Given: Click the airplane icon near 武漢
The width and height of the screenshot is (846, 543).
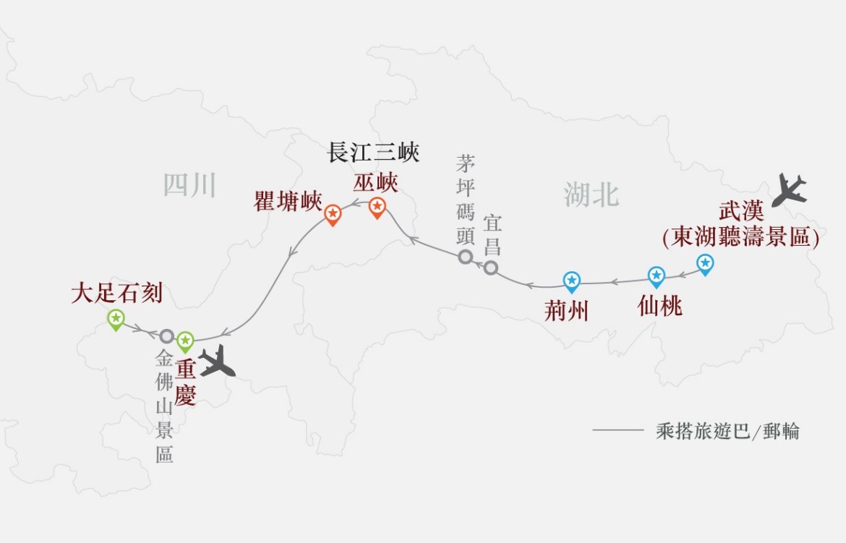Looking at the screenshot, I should click(789, 190).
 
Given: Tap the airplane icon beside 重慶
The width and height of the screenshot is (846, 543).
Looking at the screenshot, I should click(217, 361).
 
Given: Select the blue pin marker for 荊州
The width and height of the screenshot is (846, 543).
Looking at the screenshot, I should click(572, 281).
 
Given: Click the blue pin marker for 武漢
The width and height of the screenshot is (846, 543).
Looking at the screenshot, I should click(704, 263).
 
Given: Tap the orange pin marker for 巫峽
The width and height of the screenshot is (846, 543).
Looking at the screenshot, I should click(377, 207).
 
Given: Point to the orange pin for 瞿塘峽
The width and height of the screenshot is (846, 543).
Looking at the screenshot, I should click(333, 214).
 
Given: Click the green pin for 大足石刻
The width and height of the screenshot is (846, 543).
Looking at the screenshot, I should click(116, 318).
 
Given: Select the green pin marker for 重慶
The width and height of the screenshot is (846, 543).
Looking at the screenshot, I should click(186, 340).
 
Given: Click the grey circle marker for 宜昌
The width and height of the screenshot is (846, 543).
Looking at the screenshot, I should click(491, 268).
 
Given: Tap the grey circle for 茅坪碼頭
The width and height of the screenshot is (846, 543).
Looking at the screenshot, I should click(466, 257).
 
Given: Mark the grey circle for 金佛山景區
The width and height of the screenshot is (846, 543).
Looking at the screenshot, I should click(167, 336).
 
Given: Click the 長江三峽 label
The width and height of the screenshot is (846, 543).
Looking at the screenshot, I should click(373, 153).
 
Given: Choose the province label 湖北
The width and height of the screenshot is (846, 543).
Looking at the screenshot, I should click(591, 194).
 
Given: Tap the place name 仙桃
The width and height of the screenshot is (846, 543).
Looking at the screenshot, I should click(659, 307).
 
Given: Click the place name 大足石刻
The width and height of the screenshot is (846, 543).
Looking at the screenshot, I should click(116, 293).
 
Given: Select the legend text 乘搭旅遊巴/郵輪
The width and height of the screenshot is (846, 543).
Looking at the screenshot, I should click(727, 432).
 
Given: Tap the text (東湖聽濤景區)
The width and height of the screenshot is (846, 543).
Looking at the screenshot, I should click(740, 237).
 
